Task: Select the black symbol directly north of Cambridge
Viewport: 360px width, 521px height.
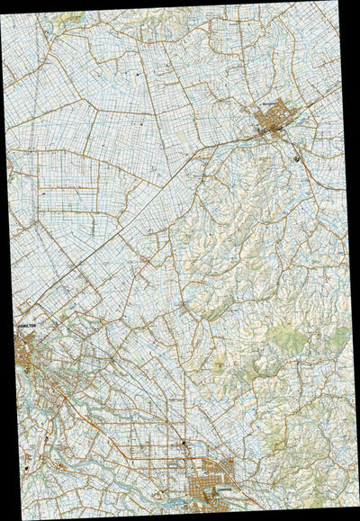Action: coord(184,444)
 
